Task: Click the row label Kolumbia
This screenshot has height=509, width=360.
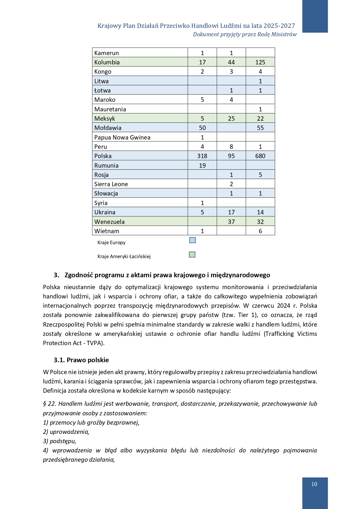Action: point(107,62)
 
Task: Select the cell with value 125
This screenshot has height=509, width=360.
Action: point(260,62)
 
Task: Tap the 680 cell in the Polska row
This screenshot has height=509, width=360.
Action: point(260,156)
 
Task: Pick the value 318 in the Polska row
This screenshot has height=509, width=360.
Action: point(202,156)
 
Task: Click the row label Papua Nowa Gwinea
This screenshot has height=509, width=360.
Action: point(122,137)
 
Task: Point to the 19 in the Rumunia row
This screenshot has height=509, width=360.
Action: point(202,166)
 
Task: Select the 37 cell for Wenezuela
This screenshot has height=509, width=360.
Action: point(231,222)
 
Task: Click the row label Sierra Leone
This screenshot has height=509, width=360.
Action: point(111,184)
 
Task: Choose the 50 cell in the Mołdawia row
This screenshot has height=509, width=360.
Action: point(202,128)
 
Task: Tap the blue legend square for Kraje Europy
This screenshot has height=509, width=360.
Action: point(192,240)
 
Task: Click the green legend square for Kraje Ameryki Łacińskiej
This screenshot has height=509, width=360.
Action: point(192,255)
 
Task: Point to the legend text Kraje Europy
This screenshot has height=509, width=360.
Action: point(111,242)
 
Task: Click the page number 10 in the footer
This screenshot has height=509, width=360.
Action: point(314,484)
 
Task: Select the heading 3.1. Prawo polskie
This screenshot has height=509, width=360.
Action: point(81,360)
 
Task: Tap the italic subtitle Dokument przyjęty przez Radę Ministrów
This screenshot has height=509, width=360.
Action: point(245,34)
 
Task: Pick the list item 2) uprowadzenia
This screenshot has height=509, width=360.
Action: point(66,432)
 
